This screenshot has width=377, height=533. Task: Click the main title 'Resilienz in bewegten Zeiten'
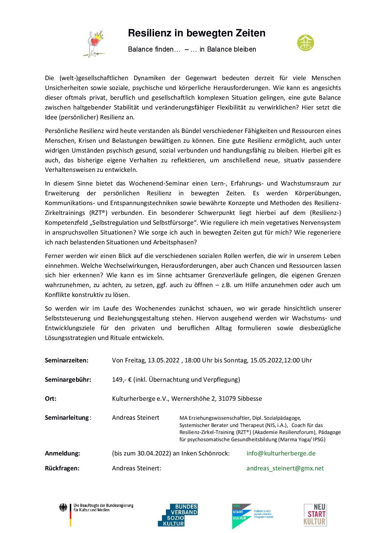[x=196, y=33]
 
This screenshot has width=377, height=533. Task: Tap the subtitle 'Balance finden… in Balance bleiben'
[x=192, y=49]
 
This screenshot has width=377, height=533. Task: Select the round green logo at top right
[x=305, y=42]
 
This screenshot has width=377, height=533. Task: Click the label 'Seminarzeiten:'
[x=66, y=360]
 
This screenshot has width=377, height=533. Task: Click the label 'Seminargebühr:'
[x=68, y=379]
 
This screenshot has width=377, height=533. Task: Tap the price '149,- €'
[x=122, y=379]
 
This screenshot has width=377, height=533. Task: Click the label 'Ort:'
[x=51, y=398]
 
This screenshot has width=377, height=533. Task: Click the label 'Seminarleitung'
[x=67, y=417]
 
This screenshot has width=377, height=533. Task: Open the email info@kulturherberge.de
[x=281, y=453]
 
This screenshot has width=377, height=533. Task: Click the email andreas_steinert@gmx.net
[x=285, y=468]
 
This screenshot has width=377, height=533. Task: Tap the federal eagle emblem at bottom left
[x=63, y=508]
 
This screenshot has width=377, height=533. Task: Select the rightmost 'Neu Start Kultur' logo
[x=315, y=515]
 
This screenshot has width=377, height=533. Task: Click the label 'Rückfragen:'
[x=62, y=468]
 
